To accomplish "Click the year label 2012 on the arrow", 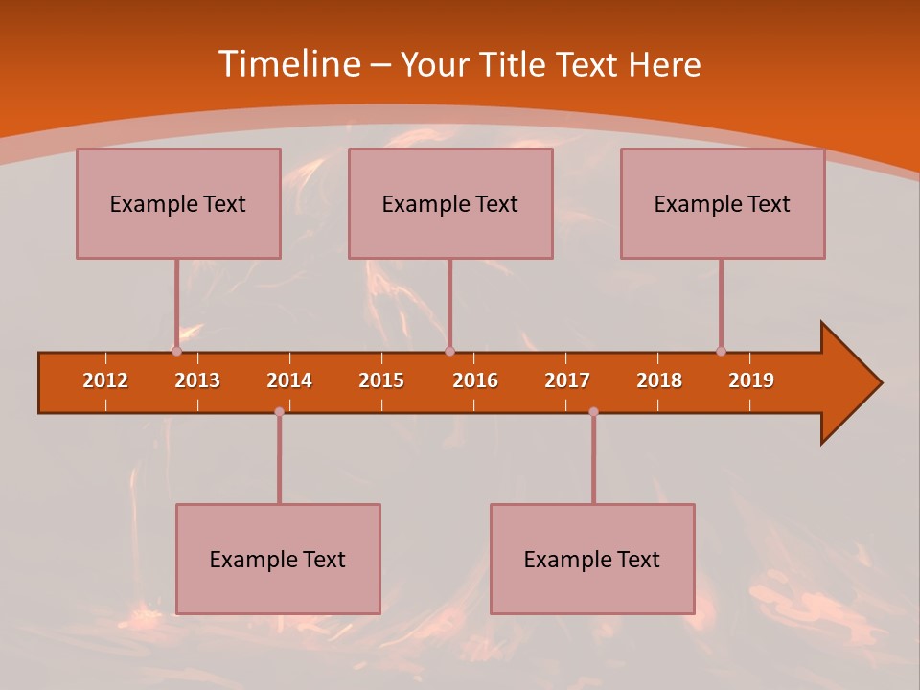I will (x=105, y=380).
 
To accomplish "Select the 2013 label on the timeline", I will (x=197, y=380).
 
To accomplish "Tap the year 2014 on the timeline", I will (x=289, y=380).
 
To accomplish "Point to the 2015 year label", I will (x=381, y=380).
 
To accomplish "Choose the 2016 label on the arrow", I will (x=475, y=380).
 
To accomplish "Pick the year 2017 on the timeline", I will (x=567, y=380).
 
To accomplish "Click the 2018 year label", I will (x=659, y=380).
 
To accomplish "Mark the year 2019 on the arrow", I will (x=751, y=380).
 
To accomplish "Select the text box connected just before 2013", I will (x=178, y=203).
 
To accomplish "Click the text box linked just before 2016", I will (x=450, y=203).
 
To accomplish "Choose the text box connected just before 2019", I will (x=723, y=203).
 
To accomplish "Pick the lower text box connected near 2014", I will (x=278, y=559).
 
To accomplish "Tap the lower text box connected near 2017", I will (x=592, y=559).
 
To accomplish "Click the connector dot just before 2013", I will (x=176, y=351).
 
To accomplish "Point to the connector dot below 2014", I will (x=279, y=411).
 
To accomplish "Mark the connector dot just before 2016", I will (x=449, y=351).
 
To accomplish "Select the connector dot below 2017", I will (x=593, y=411).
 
